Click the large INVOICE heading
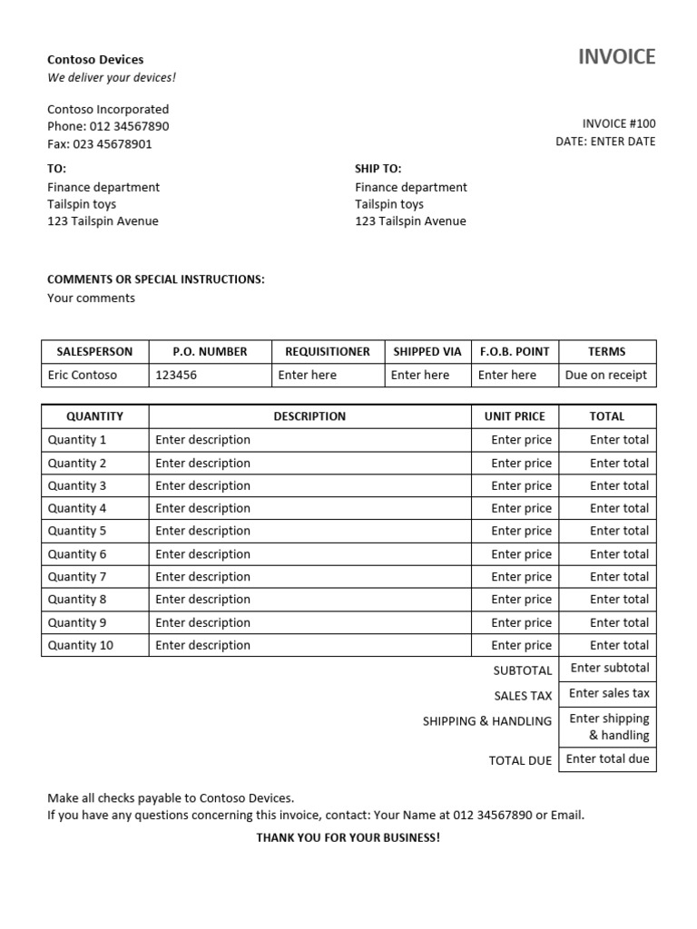click(x=616, y=57)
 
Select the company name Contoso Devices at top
click(x=95, y=60)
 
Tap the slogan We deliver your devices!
click(x=112, y=78)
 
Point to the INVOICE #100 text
click(x=618, y=123)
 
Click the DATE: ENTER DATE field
click(x=605, y=142)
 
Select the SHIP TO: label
click(x=378, y=169)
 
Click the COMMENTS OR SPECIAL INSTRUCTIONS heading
click(x=156, y=279)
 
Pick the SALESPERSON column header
click(x=94, y=351)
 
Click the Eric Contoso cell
click(x=83, y=375)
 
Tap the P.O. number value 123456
click(x=176, y=375)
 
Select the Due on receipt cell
click(x=606, y=375)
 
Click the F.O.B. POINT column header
click(x=515, y=351)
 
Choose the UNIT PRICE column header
click(x=515, y=416)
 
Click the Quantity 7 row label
click(x=77, y=577)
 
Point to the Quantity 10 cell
click(x=81, y=645)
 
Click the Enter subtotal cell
click(x=609, y=668)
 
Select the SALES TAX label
click(x=523, y=696)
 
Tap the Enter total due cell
click(x=607, y=758)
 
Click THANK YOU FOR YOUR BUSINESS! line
click(x=348, y=837)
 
